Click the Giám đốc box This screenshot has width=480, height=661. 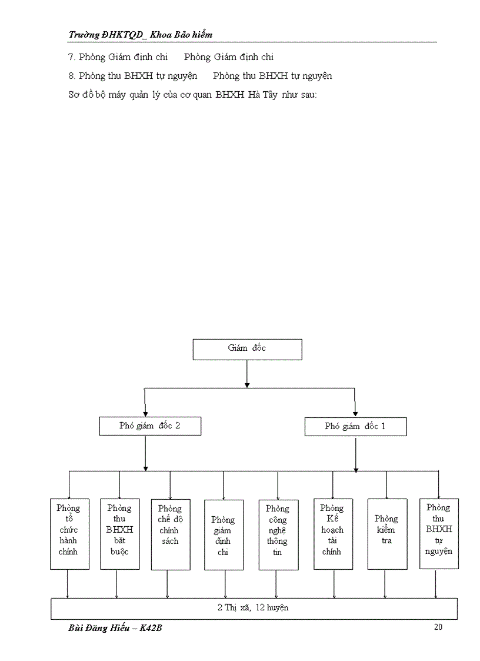click(247, 349)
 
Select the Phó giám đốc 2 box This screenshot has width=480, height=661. click(150, 426)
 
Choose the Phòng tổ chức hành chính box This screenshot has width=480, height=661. click(69, 534)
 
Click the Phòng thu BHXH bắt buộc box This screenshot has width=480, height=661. click(120, 534)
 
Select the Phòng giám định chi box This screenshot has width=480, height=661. click(224, 535)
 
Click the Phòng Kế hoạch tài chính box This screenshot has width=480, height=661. click(333, 534)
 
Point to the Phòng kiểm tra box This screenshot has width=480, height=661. click(387, 534)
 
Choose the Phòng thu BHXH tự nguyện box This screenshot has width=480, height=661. click(439, 533)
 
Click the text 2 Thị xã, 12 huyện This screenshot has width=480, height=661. click(254, 608)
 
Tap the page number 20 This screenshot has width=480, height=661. click(438, 627)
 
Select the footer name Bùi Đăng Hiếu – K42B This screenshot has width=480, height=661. click(115, 628)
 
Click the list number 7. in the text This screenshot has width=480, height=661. click(72, 57)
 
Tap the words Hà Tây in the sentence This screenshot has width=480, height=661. click(259, 94)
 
